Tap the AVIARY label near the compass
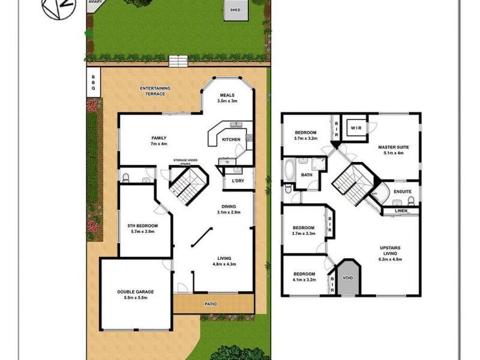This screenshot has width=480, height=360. point(94,2)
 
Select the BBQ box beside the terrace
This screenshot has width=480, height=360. point(93,82)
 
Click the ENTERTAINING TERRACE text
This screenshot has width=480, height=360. point(155,91)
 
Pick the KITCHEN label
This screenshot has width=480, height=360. point(231,140)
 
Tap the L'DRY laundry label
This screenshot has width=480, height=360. point(237,181)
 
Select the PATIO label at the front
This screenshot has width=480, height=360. point(210,304)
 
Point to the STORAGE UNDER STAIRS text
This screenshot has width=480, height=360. point(185,160)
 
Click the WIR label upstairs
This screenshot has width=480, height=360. point(355,127)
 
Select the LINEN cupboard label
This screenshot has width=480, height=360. point(401,211)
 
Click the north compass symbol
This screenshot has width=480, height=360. point(52,9)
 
